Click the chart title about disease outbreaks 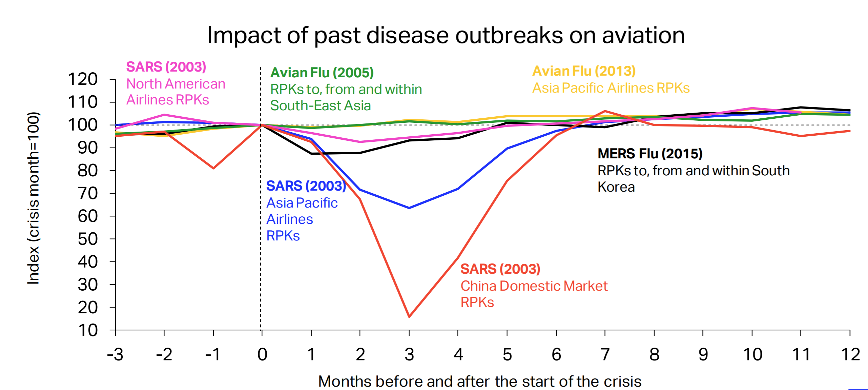[446, 35]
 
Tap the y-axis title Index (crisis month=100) [34, 198]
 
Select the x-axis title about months [479, 381]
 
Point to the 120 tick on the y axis [83, 79]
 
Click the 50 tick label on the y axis [87, 239]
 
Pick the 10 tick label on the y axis [87, 330]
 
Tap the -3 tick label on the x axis [115, 355]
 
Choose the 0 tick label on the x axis [262, 355]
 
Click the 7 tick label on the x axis [605, 355]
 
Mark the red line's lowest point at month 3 [409, 316]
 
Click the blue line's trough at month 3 [409, 208]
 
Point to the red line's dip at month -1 [213, 168]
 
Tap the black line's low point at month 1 [311, 154]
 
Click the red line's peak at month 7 [605, 111]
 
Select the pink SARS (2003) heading [166, 67]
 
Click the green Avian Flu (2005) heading [322, 73]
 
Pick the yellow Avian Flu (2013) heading [583, 71]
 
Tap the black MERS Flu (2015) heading [650, 154]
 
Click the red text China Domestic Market [534, 286]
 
